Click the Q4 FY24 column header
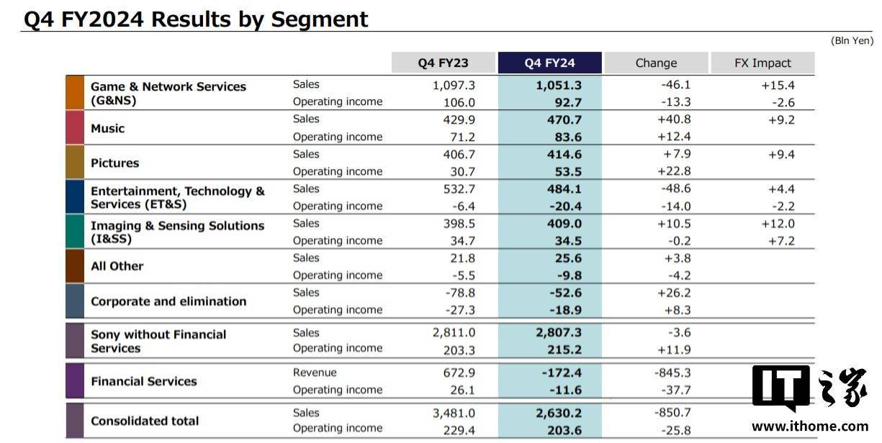tap(549, 63)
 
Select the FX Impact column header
tap(762, 63)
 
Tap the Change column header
tap(657, 63)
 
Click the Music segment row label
tap(107, 128)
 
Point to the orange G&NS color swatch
tap(75, 93)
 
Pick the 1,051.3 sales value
tap(558, 86)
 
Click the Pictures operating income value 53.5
tap(564, 172)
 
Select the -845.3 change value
tap(672, 373)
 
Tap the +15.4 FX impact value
tap(778, 86)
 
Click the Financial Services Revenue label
tap(315, 373)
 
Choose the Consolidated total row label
tap(145, 421)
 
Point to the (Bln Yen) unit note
tap(852, 40)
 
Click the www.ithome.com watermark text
tap(810, 426)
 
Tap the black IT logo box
tap(780, 386)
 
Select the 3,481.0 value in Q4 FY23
tap(454, 413)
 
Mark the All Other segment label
tap(117, 266)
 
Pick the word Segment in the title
tap(320, 19)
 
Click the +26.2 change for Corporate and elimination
tap(674, 293)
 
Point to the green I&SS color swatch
tap(75, 232)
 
